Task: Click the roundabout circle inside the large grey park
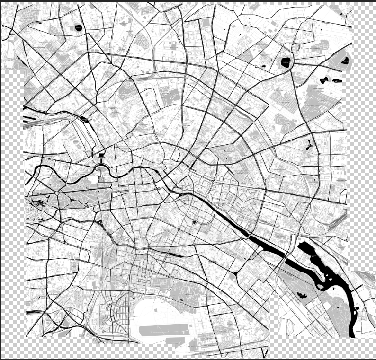(57, 193)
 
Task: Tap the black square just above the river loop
(102, 155)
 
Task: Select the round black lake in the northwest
(78, 28)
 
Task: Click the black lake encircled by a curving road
(286, 62)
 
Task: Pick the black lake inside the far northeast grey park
(345, 61)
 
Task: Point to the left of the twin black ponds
(325, 79)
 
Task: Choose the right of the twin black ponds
(338, 81)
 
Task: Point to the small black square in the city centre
(194, 221)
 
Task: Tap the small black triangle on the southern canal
(100, 222)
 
